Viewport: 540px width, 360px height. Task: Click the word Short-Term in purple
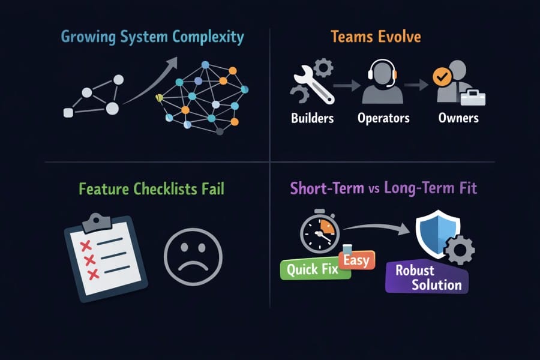327,188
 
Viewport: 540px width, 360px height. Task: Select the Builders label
312,118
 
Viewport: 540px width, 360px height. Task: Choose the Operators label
383,118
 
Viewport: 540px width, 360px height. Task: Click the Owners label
458,118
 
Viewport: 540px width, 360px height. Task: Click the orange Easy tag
357,260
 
